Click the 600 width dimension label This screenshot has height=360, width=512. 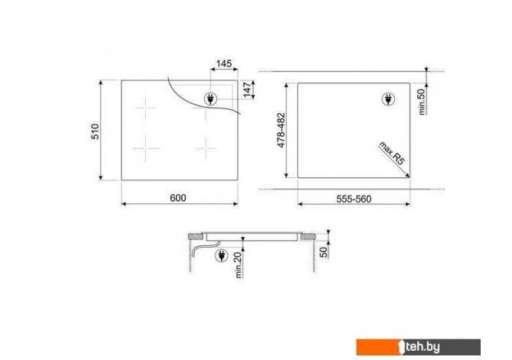178,198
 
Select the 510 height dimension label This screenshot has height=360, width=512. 95,131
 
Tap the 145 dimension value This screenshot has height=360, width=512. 224,63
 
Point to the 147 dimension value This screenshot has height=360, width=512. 247,90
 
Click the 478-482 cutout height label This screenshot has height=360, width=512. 280,130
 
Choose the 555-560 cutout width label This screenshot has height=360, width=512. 354,199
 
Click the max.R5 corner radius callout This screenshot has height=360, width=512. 391,153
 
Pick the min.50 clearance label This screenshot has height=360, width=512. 422,102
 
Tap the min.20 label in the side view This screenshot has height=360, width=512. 239,264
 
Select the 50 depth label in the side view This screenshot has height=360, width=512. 323,252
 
